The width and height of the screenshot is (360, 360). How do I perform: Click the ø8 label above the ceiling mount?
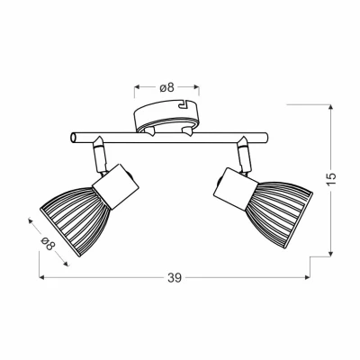(x=166, y=87)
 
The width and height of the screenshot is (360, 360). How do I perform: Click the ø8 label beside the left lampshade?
(x=49, y=243)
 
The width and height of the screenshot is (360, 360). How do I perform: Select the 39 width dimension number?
(x=175, y=278)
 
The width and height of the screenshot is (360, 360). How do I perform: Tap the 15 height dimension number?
(x=331, y=180)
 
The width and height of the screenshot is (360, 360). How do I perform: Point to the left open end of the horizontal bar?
(x=73, y=138)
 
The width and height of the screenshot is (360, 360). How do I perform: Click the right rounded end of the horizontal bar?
(x=265, y=138)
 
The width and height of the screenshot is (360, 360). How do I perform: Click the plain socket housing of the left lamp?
(x=116, y=186)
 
